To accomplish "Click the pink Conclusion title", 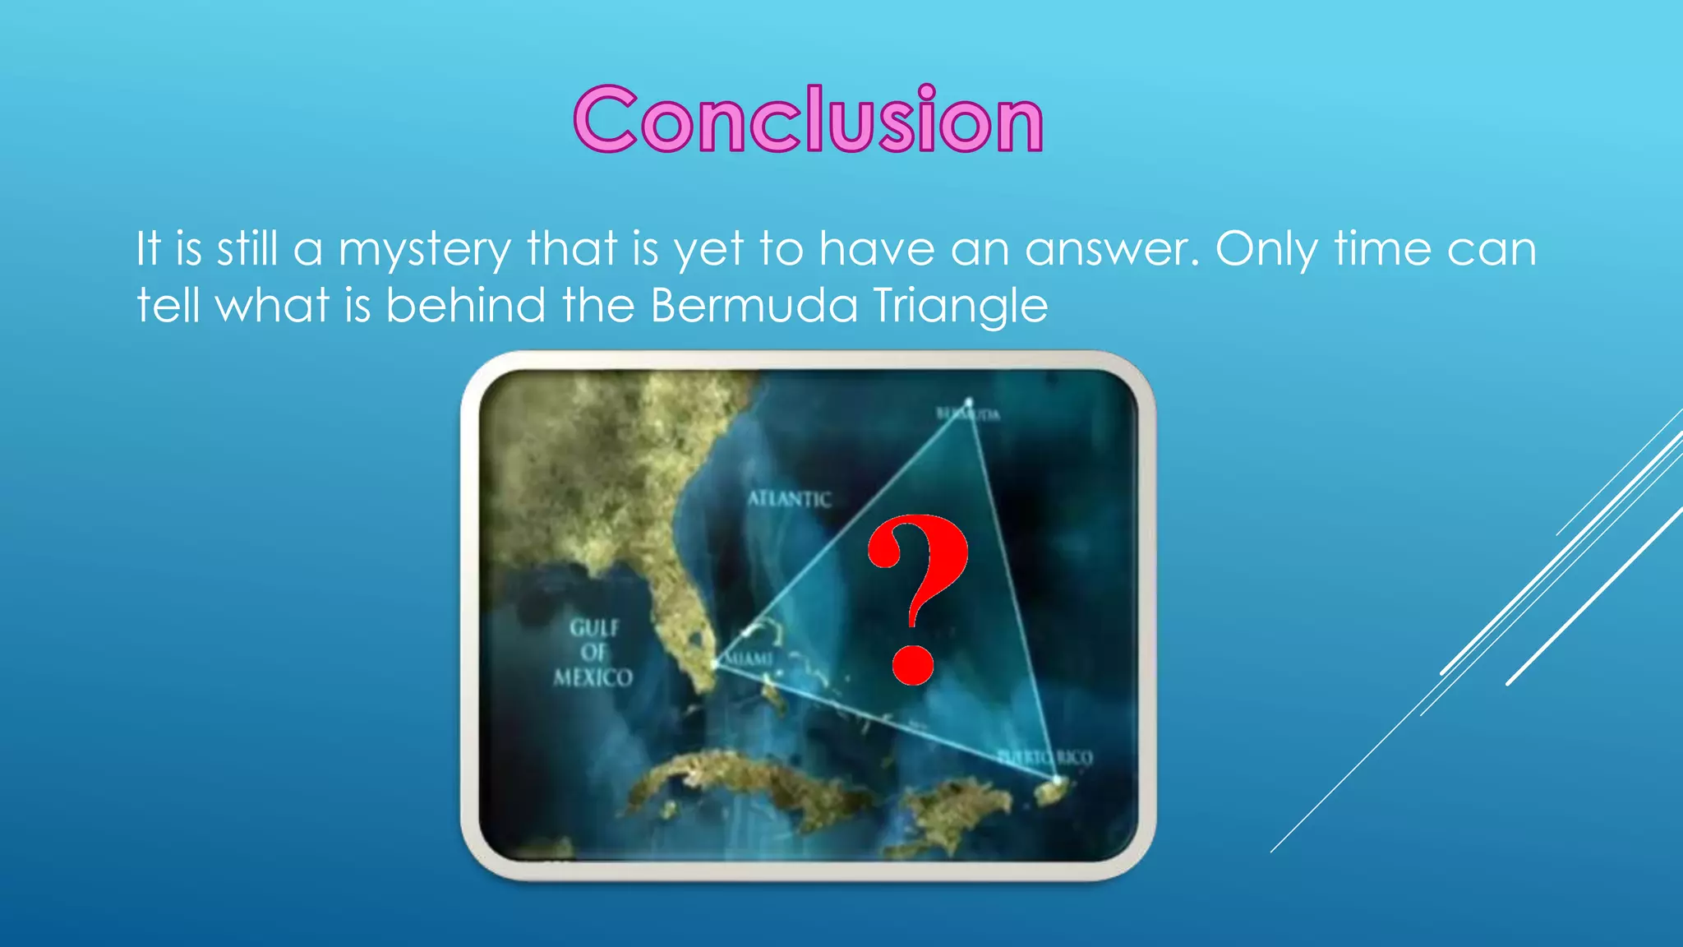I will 809,120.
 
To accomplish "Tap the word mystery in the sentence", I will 424,250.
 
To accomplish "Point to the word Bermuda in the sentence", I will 754,306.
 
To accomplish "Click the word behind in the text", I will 466,306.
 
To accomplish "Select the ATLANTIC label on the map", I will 789,499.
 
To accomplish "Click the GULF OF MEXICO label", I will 593,653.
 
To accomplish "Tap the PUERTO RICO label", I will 1045,757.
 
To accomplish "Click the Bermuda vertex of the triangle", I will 970,402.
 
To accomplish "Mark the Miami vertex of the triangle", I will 716,663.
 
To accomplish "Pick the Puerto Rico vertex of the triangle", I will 1057,778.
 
